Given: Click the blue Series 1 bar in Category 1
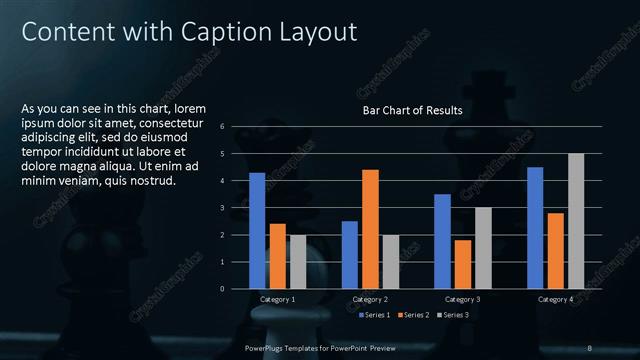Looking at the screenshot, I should [x=257, y=231].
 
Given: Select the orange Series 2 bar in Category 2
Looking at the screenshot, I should [x=370, y=229].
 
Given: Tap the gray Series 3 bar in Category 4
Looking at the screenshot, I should [x=575, y=221].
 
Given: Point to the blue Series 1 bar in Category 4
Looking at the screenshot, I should [x=535, y=228].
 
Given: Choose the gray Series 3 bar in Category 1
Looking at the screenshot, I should [x=298, y=262].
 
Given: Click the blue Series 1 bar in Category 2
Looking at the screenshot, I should [x=349, y=255].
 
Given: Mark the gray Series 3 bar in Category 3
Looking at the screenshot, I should [x=483, y=248].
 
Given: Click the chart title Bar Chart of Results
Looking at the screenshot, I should [x=412, y=111].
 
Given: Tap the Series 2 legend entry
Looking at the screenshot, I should [x=414, y=316].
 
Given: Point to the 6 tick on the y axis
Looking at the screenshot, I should [x=235, y=126].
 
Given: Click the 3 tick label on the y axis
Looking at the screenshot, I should [x=235, y=207].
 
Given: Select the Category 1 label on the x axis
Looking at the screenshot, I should [x=277, y=299].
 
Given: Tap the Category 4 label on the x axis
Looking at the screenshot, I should [x=555, y=299].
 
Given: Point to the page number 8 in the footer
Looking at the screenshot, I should [x=589, y=347].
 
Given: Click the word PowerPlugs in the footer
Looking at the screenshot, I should [x=268, y=347].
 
